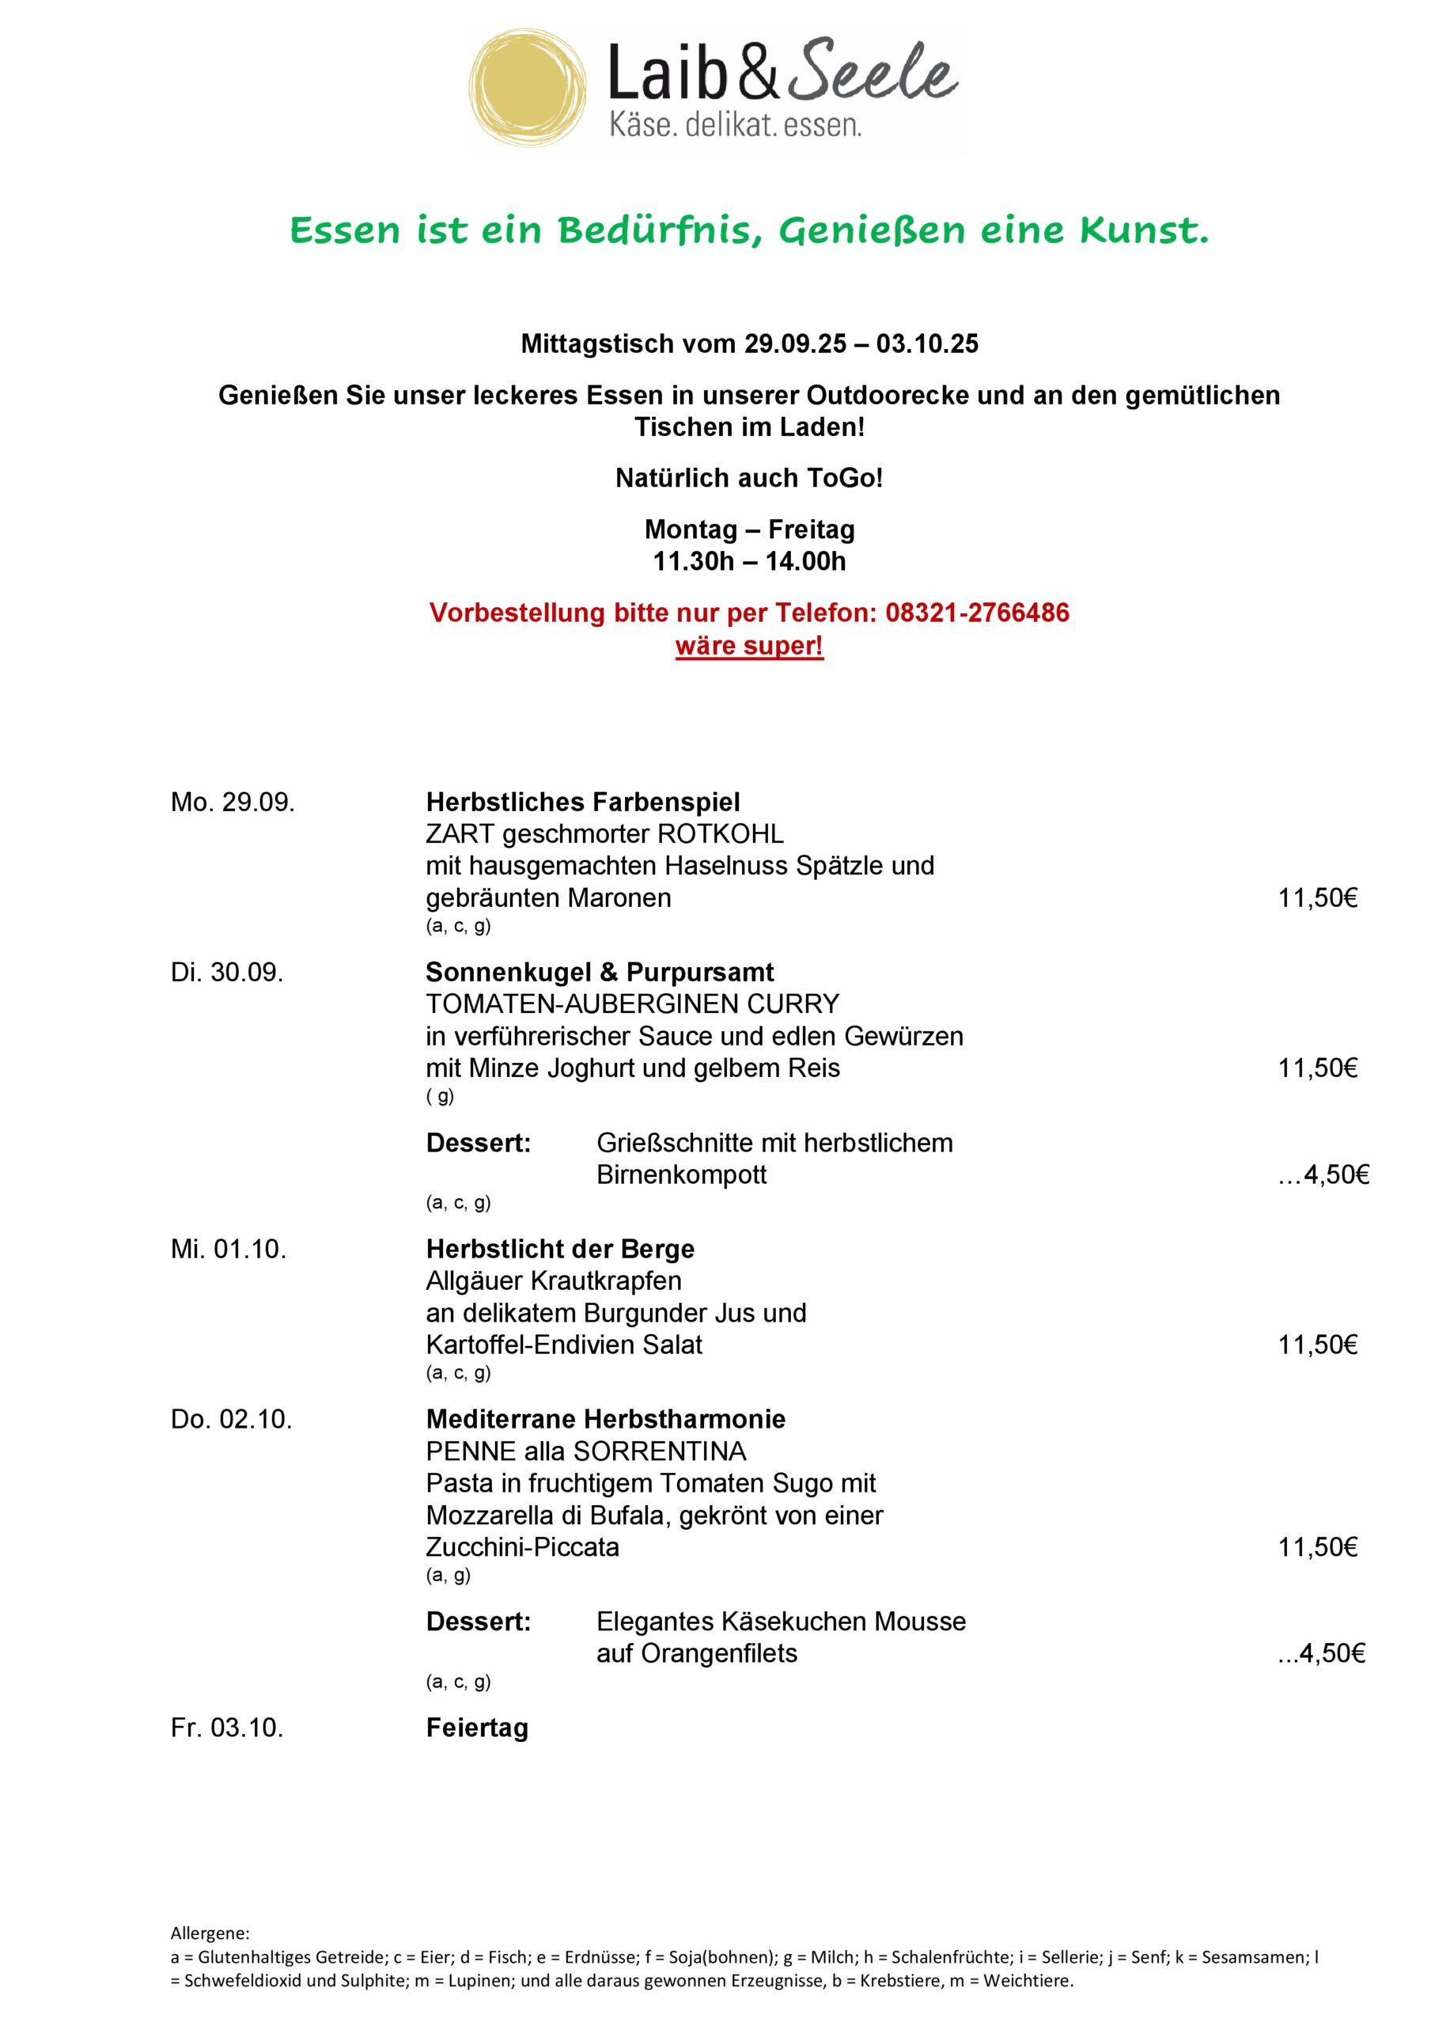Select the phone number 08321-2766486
coord(977,613)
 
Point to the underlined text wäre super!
coord(749,646)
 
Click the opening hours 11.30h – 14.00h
coord(749,561)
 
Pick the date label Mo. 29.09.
coord(233,802)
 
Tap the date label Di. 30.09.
coord(227,973)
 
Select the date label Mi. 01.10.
coord(229,1249)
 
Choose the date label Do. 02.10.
coord(231,1419)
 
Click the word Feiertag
coord(476,1727)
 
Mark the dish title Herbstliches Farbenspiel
coord(582,802)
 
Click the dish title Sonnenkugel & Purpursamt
coord(599,973)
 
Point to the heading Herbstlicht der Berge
coord(559,1249)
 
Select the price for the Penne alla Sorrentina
coord(1317,1547)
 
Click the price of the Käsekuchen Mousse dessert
coord(1323,1652)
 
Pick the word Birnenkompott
coord(681,1174)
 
